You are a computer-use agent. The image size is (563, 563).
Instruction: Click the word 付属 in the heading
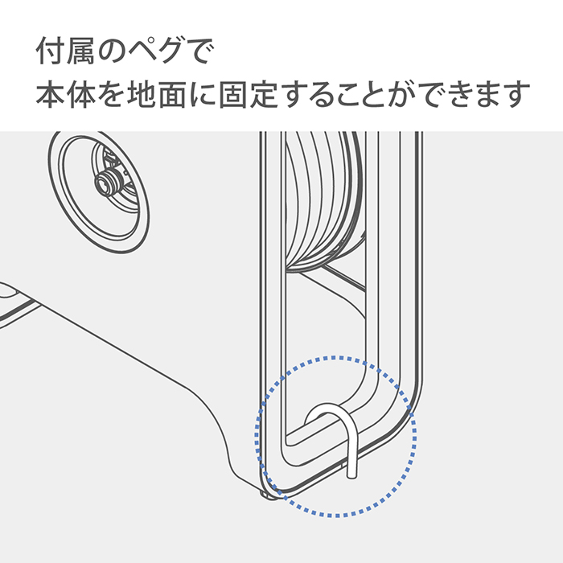66,51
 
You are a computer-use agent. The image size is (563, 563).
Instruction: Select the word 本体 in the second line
66,94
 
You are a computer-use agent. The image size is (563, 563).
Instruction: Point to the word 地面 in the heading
157,94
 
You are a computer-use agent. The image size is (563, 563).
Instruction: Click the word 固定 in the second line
249,94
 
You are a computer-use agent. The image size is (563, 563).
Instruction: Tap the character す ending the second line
516,94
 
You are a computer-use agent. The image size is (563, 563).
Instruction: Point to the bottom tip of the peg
352,477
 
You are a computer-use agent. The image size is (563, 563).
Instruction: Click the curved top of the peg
331,408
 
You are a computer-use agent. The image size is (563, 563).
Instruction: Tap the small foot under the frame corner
269,495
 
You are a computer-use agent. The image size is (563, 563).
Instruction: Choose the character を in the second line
111,94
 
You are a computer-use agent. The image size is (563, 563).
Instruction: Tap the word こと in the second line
364,94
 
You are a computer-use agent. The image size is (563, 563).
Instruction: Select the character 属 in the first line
80,51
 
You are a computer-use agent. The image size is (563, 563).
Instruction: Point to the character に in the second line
202,94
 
